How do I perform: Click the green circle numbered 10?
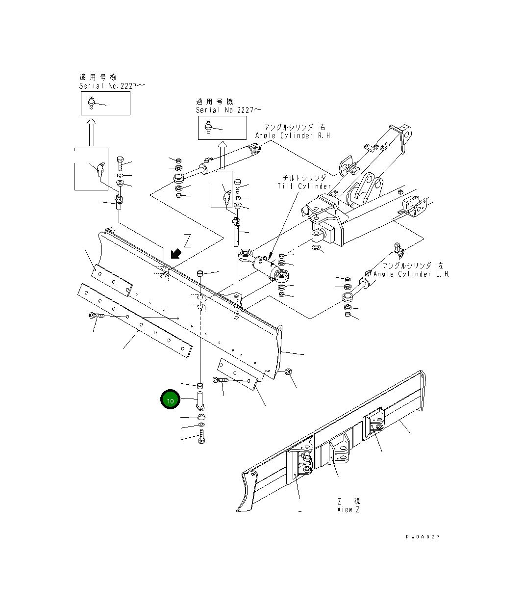click(170, 400)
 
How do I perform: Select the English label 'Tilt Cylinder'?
click(304, 186)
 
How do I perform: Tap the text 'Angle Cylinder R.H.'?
click(293, 135)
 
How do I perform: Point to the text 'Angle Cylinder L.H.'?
click(411, 274)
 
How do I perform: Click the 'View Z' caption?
click(349, 509)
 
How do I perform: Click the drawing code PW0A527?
click(422, 536)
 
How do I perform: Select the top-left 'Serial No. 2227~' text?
click(112, 86)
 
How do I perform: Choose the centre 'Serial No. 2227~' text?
click(228, 110)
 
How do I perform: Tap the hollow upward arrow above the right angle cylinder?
click(222, 155)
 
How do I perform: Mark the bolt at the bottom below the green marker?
click(201, 436)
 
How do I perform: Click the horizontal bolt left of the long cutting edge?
click(96, 316)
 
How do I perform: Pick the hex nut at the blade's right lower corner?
click(288, 372)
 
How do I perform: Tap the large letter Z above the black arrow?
click(187, 241)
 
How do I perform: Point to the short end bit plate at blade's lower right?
click(236, 373)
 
